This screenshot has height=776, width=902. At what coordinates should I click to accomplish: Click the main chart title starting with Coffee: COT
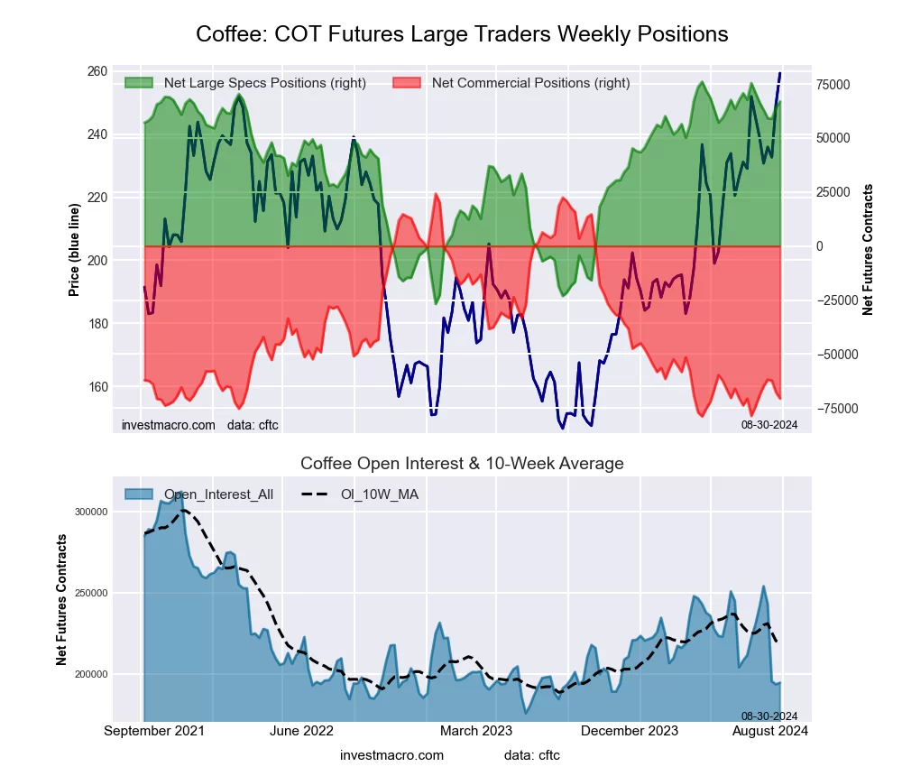462,34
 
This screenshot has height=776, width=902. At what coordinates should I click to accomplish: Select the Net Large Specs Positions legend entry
264,83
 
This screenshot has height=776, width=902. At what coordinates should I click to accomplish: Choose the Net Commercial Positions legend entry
530,83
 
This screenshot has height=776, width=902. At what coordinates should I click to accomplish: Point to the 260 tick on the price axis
97,71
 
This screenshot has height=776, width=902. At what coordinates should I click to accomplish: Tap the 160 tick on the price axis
97,387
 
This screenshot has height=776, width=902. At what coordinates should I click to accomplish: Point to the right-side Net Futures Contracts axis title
869,249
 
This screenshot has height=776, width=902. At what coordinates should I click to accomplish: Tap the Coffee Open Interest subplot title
462,464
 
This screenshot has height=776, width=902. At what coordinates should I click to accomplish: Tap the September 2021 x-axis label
154,731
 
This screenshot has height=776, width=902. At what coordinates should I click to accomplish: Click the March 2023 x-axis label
476,731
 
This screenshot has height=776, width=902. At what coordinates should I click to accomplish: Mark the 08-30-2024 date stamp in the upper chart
769,424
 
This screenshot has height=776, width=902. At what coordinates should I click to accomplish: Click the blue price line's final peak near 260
780,72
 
